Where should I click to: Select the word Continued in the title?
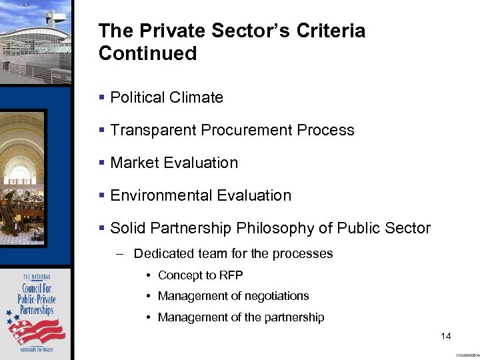tap(147, 53)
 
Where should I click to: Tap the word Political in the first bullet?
tap(137, 97)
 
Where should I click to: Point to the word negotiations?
tap(272, 296)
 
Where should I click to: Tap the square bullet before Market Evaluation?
tap(101, 163)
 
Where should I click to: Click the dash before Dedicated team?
tap(119, 253)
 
